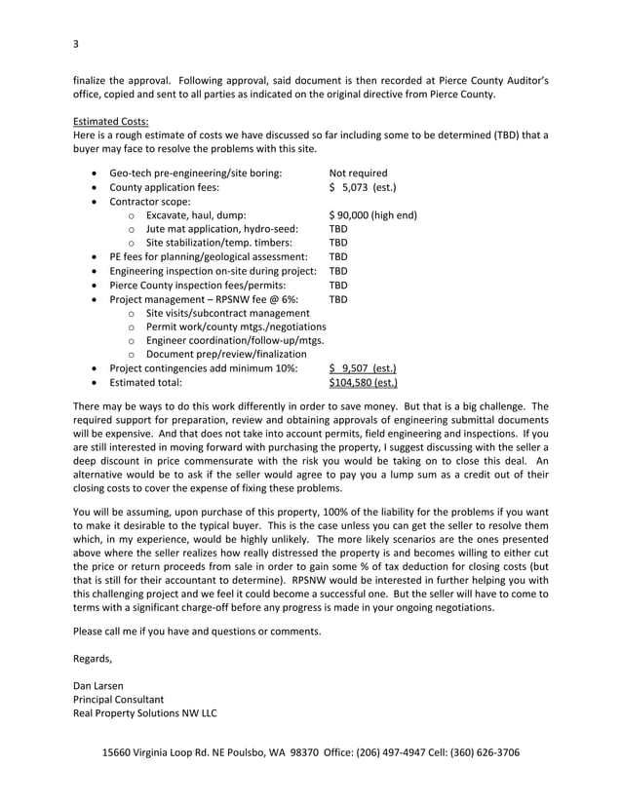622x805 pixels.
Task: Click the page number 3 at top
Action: pos(75,44)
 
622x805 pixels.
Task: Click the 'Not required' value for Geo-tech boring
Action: pos(358,173)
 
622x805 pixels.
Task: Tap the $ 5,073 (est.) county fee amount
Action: pos(363,187)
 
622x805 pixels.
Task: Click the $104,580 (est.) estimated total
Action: pos(363,383)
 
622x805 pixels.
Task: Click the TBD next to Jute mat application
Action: pos(338,229)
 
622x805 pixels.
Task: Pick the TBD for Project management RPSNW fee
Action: pos(338,299)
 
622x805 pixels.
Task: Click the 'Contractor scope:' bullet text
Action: pos(150,202)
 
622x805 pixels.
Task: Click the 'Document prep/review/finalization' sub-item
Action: pos(225,355)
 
